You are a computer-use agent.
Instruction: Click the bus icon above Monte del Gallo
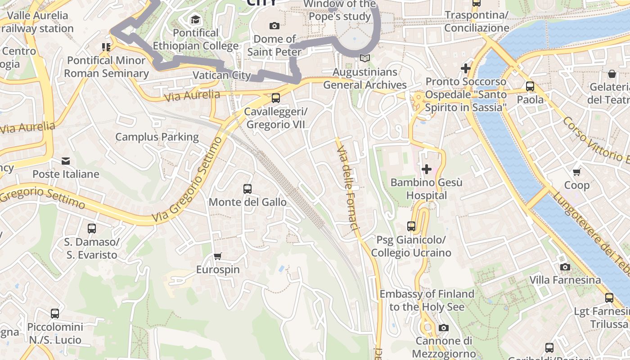247,189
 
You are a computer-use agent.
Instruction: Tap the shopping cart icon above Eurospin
218,256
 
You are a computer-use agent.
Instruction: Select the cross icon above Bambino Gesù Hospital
426,169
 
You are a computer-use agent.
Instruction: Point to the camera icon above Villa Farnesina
565,267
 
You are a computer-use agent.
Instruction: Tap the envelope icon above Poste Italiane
66,161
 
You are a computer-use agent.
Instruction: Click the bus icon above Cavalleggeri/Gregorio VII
275,98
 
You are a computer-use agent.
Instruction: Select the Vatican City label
221,75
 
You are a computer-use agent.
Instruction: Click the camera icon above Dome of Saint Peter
274,26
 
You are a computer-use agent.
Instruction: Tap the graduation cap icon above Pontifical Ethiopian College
195,19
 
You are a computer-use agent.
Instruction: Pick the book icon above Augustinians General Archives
365,58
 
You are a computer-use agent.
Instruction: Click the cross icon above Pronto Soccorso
466,69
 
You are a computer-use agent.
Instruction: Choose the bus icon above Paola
530,86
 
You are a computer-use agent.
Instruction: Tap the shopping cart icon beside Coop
576,172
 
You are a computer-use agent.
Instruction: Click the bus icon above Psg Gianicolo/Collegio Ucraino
411,226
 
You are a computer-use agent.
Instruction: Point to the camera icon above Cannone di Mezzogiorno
444,328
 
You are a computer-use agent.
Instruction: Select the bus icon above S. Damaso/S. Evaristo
92,229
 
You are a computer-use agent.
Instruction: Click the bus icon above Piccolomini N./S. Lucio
55,314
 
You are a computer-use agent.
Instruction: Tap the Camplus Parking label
157,137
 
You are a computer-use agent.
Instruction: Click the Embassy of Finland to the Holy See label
427,300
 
